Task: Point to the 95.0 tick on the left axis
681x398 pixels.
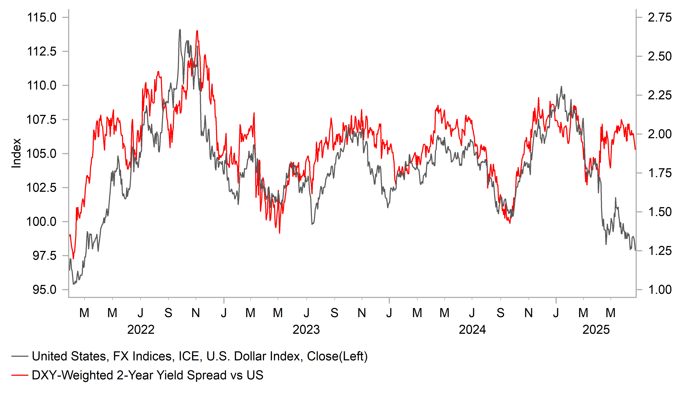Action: [45, 290]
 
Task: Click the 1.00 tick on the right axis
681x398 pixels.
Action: [659, 290]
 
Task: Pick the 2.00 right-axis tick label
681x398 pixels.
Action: [659, 134]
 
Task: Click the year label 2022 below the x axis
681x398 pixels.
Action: [141, 330]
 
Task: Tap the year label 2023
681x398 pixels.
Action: [306, 330]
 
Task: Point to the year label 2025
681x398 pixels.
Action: [596, 330]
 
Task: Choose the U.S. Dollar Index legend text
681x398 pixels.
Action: [200, 356]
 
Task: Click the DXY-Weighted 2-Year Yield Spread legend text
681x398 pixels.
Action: [147, 375]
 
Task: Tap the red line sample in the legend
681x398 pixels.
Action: [20, 375]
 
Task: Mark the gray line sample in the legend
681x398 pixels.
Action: [20, 356]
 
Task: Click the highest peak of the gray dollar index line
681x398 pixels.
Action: [180, 30]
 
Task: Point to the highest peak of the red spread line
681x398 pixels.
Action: [197, 31]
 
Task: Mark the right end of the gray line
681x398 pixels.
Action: [635, 250]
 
